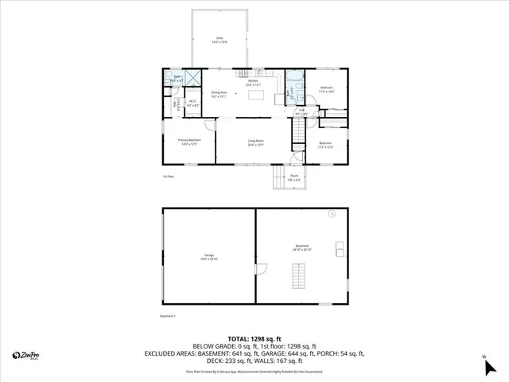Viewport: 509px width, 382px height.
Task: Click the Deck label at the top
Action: click(x=220, y=39)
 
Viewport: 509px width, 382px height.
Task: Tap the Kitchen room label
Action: click(x=254, y=82)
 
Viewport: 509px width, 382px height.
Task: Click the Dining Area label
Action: click(x=220, y=94)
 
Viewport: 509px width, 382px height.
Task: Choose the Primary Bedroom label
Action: click(x=189, y=142)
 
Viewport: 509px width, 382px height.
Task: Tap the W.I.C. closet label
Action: click(x=192, y=103)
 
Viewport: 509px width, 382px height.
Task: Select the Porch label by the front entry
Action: click(x=293, y=178)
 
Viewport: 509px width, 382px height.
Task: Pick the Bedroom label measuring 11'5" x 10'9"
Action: click(x=327, y=89)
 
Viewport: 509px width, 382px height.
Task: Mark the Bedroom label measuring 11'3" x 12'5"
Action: click(x=325, y=146)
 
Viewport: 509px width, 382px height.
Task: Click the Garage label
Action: click(x=208, y=257)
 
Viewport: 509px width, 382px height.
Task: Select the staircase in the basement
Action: click(x=299, y=278)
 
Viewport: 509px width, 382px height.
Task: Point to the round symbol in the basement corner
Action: click(x=332, y=214)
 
